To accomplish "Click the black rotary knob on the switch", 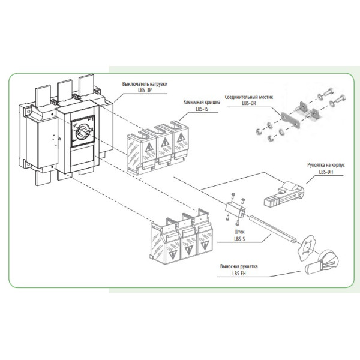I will (82, 128).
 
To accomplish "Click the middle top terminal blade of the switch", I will (64, 90).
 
